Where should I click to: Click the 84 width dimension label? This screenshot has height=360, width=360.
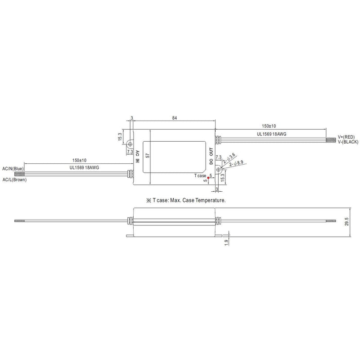pyautogui.click(x=175, y=118)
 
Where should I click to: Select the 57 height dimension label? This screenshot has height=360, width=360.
pyautogui.click(x=148, y=155)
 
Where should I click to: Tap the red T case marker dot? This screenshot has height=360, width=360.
pyautogui.click(x=208, y=177)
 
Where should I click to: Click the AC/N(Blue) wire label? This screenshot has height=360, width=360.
pyautogui.click(x=13, y=169)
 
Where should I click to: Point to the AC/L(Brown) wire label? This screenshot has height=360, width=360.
pyautogui.click(x=14, y=180)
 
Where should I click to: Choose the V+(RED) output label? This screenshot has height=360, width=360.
pyautogui.click(x=346, y=137)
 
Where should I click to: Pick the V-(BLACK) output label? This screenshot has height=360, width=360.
pyautogui.click(x=348, y=142)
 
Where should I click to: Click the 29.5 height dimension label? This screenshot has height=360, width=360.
pyautogui.click(x=346, y=222)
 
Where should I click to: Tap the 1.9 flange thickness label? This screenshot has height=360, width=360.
pyautogui.click(x=226, y=243)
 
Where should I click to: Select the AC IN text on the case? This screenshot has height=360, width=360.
pyautogui.click(x=138, y=157)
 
